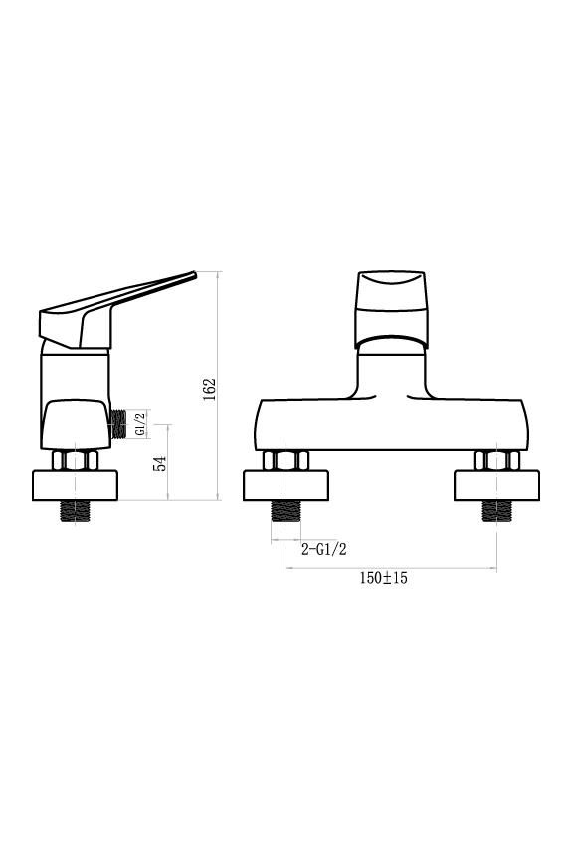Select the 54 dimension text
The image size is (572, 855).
(x=160, y=462)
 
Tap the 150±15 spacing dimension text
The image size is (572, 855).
(x=384, y=578)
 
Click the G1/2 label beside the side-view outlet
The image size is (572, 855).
(x=139, y=424)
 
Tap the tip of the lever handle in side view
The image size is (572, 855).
(x=193, y=275)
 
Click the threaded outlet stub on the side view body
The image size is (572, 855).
(x=121, y=424)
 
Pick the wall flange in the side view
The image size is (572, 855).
(x=77, y=485)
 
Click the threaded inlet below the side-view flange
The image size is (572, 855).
(x=77, y=511)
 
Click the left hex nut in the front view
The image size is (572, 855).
(x=286, y=460)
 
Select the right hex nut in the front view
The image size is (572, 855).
(x=496, y=460)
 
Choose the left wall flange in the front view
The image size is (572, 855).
(x=286, y=485)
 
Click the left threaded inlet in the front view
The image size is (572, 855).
(x=286, y=511)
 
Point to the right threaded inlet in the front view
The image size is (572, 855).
(x=496, y=511)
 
